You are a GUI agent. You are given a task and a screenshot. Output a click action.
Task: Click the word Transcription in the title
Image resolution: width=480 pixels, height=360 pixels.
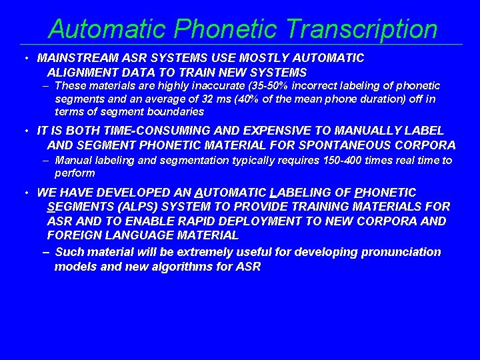[362, 29]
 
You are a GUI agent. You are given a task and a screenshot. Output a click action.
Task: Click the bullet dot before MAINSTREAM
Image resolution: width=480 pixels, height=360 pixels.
[24, 59]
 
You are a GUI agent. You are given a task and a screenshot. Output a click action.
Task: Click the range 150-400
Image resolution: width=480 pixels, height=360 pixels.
[323, 160]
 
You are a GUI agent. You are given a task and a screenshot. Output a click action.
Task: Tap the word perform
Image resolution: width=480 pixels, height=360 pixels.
[75, 173]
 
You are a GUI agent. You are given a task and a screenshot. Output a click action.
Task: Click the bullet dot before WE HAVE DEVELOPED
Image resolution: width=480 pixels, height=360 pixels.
[24, 193]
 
